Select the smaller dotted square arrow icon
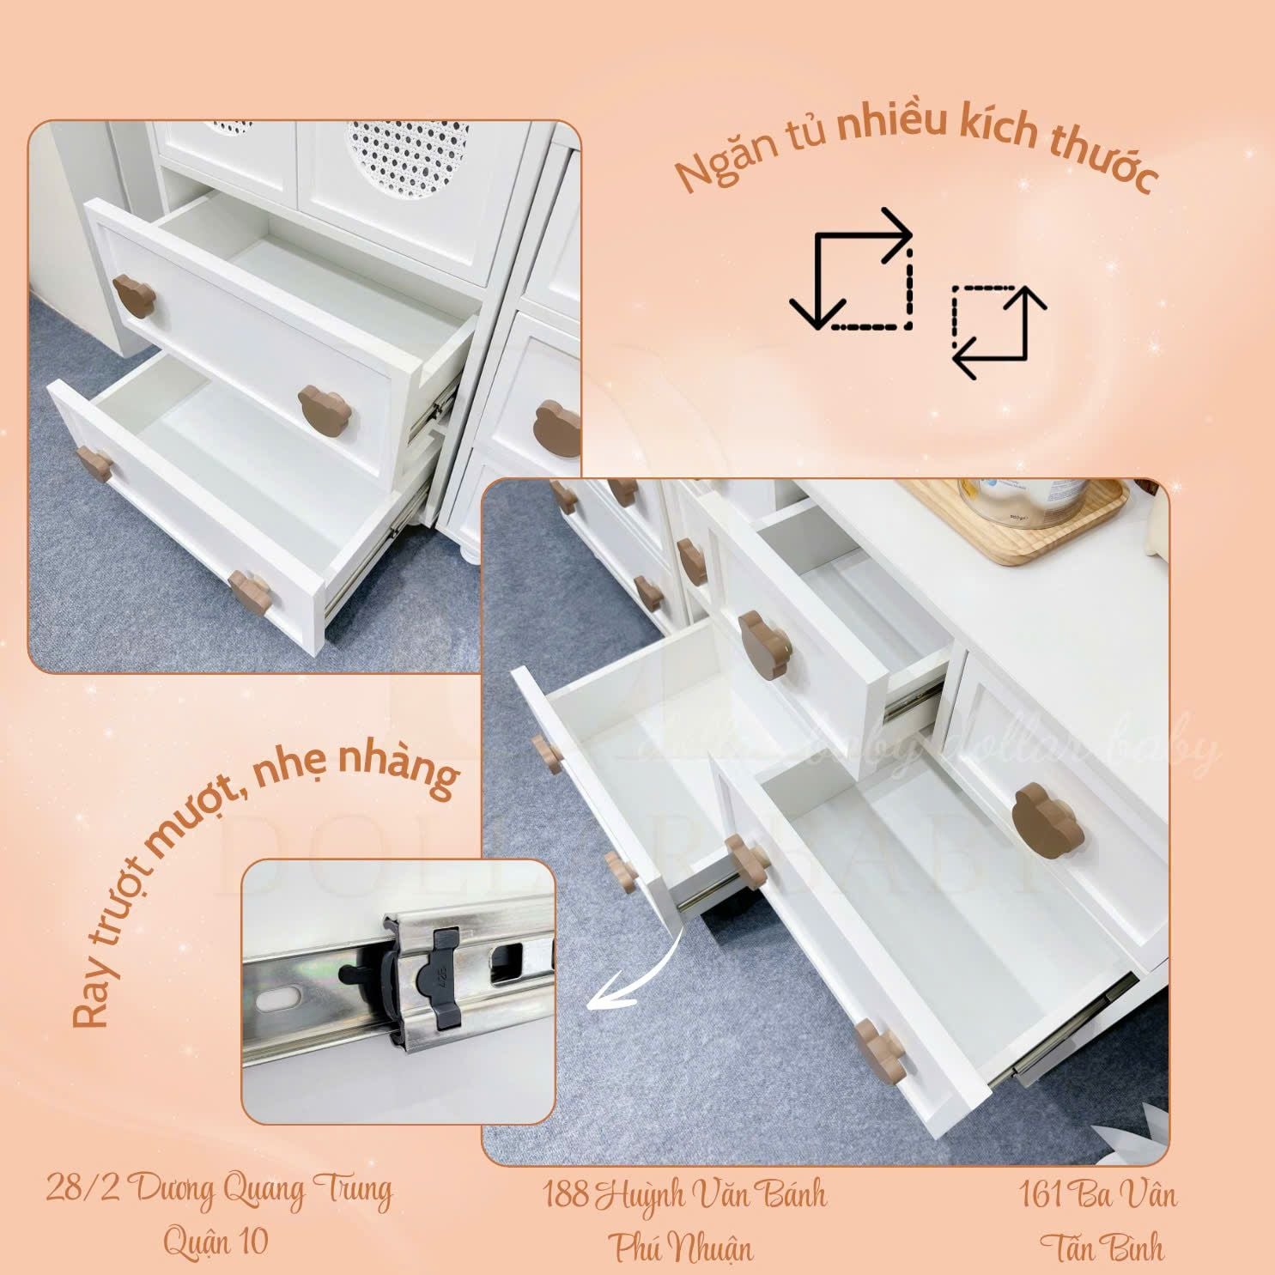(x=999, y=331)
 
